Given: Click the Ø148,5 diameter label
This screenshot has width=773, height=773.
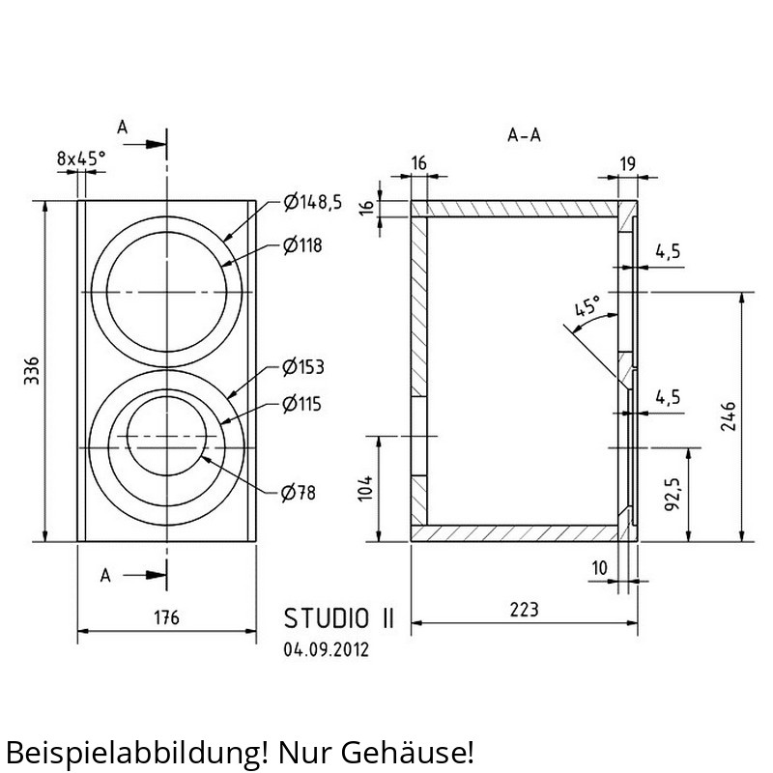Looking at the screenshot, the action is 312,202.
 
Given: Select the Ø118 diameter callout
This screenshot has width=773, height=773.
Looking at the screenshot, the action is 302,245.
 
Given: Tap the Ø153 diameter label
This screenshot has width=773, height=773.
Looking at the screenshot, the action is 303,367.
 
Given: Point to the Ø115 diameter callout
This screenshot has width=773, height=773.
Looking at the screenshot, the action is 301,404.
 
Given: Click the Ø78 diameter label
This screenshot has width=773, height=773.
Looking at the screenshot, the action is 298,493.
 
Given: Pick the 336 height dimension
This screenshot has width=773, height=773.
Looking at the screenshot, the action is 32,371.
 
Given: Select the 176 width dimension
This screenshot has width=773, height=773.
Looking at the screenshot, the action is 166,617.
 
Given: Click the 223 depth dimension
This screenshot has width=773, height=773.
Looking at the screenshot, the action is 524,610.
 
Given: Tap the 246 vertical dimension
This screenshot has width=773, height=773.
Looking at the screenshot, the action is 729,416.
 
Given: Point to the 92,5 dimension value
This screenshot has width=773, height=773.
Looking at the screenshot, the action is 673,494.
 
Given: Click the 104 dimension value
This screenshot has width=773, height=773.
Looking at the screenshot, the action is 365,489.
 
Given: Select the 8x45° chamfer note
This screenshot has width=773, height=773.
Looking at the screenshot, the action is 81,158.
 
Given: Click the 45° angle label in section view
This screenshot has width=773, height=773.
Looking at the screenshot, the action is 588,306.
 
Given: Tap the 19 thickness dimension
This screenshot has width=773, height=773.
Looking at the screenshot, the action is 627,163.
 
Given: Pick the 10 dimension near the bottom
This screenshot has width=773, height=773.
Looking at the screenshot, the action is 599,568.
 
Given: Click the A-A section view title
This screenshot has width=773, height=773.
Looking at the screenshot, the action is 524,135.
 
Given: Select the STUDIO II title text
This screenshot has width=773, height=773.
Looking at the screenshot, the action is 339,618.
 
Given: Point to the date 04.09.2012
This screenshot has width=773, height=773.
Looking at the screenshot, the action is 326,649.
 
